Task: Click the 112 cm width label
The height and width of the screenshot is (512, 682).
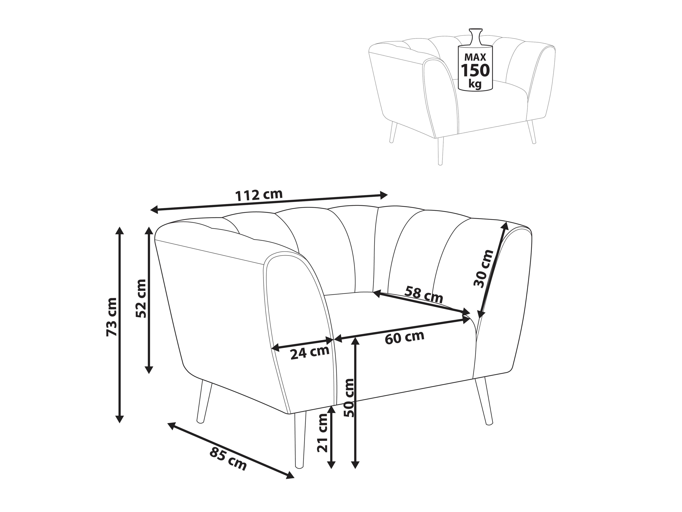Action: coord(259,195)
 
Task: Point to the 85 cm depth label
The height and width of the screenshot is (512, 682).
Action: coord(228,458)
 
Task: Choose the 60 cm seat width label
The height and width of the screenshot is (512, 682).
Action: coord(405,337)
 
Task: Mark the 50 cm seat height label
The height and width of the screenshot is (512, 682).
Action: coord(350,398)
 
